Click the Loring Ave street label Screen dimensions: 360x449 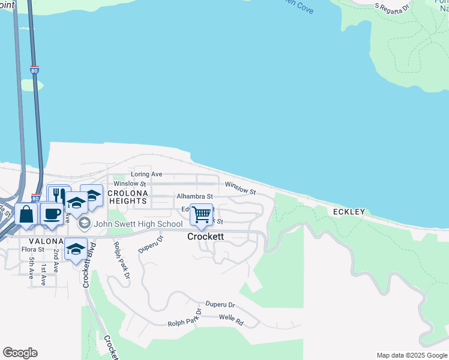[x=147, y=174]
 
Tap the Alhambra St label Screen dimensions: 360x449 [x=194, y=196]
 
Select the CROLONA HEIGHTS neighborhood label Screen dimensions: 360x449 [x=127, y=197]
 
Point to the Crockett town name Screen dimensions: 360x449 [x=205, y=237]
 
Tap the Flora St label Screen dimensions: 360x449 [x=33, y=249]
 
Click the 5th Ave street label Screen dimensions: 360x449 [x=31, y=269]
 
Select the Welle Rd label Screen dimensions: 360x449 [x=231, y=320]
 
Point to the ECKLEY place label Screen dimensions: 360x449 [x=349, y=212]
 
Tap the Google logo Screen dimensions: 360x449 [x=20, y=353]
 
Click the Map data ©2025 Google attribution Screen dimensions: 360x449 [x=412, y=355]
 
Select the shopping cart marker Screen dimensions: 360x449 [x=202, y=214]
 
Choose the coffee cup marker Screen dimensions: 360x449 [x=52, y=214]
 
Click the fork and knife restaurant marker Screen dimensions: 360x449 [x=59, y=195]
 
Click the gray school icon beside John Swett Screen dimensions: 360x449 [x=84, y=224]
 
